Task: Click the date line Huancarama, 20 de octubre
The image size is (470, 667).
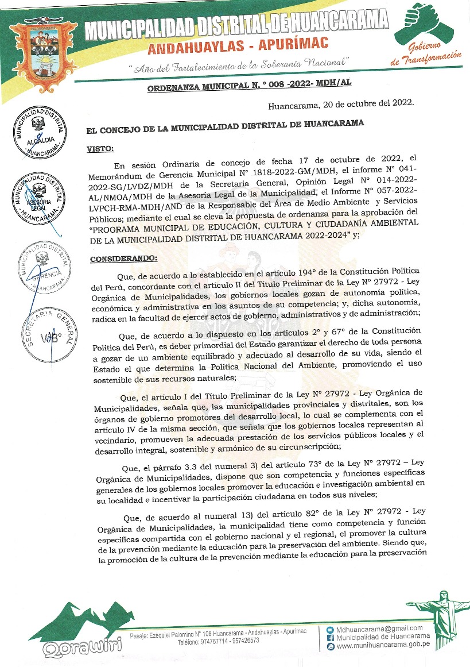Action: tap(341, 106)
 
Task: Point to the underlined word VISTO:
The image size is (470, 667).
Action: tap(100, 149)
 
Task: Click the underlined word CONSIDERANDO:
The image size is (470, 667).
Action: tap(119, 259)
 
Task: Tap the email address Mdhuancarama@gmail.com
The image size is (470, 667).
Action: tap(379, 628)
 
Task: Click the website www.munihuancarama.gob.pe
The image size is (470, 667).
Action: tap(383, 646)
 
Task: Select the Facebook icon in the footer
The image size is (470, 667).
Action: tap(330, 637)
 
